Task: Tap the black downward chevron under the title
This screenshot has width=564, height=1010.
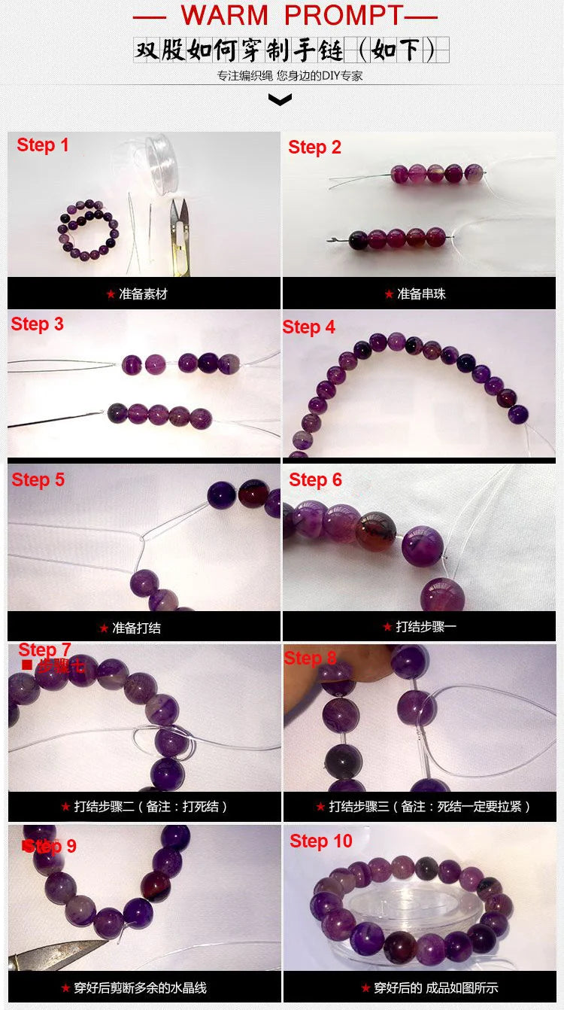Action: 280,99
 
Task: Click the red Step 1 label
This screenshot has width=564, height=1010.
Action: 43,145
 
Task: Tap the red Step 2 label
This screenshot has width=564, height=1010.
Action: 314,148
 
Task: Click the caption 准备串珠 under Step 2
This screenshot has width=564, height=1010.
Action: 420,294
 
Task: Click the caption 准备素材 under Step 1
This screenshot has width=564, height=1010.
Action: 142,294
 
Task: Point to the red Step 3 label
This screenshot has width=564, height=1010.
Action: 38,324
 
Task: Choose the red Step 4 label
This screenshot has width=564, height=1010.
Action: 309,327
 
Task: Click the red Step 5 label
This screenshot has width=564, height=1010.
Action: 38,479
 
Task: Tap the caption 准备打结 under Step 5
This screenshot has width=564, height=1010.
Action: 135,628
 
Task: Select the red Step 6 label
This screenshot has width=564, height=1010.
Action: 315,479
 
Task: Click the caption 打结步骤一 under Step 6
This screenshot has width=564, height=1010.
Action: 425,626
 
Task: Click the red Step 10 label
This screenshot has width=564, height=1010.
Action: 321,841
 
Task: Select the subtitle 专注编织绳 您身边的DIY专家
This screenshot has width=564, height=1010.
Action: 290,76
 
